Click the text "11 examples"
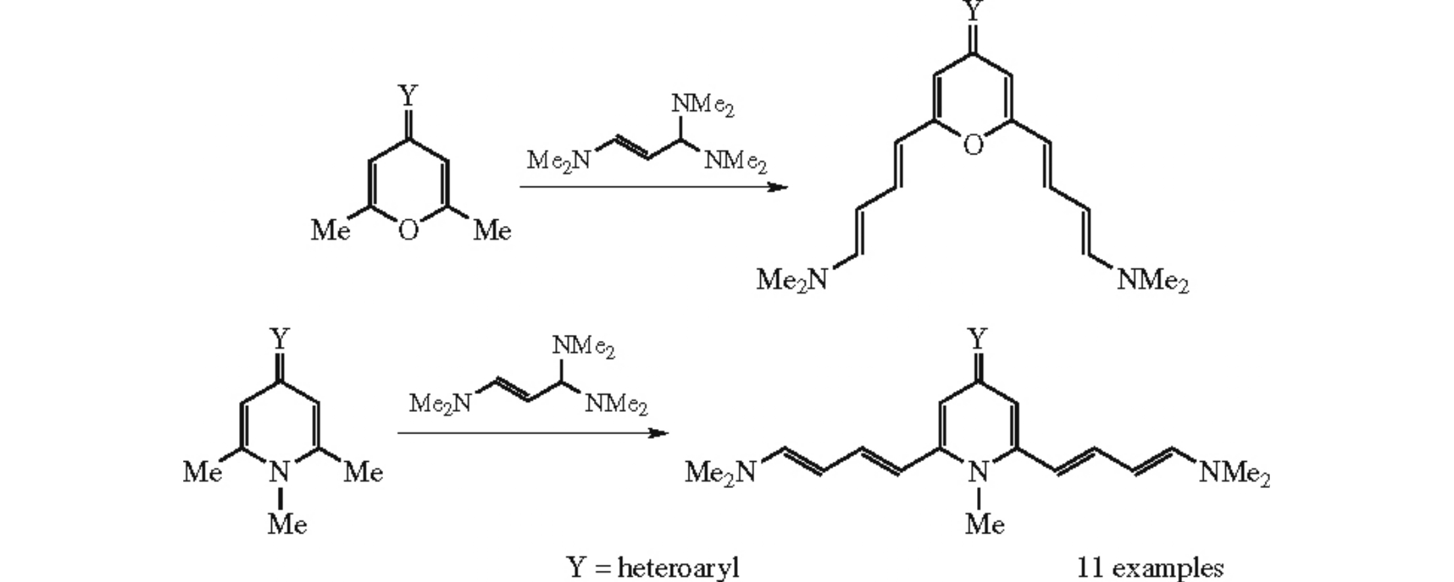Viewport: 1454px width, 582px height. [x=1150, y=568]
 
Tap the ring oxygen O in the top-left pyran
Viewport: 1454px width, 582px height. [x=408, y=230]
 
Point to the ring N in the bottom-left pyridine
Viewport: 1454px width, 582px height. [x=281, y=472]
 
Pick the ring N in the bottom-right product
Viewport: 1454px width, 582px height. [x=978, y=472]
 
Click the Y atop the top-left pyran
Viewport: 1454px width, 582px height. [x=408, y=97]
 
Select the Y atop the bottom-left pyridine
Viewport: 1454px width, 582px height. [x=281, y=340]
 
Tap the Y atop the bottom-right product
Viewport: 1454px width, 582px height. [x=978, y=340]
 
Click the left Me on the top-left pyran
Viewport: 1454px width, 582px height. [x=330, y=230]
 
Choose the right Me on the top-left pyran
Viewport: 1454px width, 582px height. [x=492, y=230]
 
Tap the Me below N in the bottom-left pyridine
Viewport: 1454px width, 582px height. [x=287, y=524]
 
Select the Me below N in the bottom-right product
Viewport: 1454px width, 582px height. [x=985, y=524]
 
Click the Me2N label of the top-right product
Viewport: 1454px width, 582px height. [x=792, y=280]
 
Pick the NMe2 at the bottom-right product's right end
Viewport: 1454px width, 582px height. [x=1235, y=473]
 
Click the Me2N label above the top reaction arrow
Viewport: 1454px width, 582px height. [x=558, y=160]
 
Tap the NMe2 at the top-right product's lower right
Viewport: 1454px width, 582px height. [x=1153, y=281]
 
